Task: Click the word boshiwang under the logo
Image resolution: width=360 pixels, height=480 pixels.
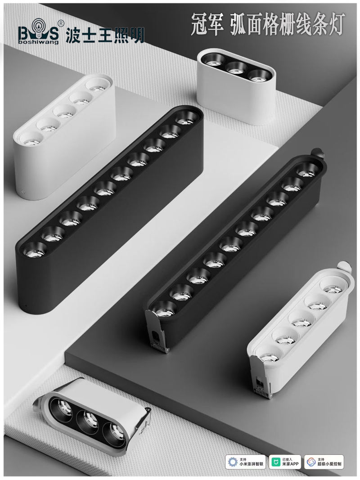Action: [x=38, y=42]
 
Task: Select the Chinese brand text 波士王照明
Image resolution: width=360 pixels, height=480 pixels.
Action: [x=105, y=36]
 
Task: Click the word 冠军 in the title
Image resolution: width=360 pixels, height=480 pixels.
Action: [x=207, y=24]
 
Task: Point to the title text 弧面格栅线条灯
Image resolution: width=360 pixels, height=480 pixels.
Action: [x=288, y=24]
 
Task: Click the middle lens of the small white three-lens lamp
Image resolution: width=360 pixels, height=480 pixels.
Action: [x=237, y=67]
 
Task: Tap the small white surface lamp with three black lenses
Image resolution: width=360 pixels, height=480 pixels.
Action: [x=236, y=86]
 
